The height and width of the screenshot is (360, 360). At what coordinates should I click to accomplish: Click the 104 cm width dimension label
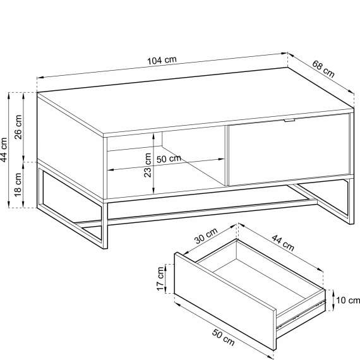point(162,61)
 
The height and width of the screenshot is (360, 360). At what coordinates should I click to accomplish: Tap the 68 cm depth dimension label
point(323,68)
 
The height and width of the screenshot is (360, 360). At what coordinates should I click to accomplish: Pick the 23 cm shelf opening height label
point(148,165)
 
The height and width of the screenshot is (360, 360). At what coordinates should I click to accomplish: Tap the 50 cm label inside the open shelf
point(168,159)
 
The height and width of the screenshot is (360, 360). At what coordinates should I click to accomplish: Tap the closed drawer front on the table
point(288,150)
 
